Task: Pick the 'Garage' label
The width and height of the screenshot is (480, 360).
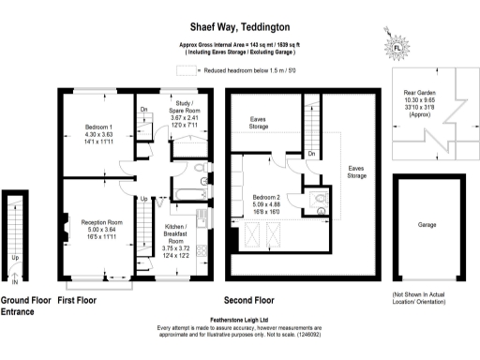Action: tap(428, 226)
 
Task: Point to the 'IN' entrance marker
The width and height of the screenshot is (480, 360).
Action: tap(14, 279)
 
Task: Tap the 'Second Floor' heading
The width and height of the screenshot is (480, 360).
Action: tap(248, 301)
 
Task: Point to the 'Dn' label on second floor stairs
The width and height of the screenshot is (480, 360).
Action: tap(310, 153)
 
